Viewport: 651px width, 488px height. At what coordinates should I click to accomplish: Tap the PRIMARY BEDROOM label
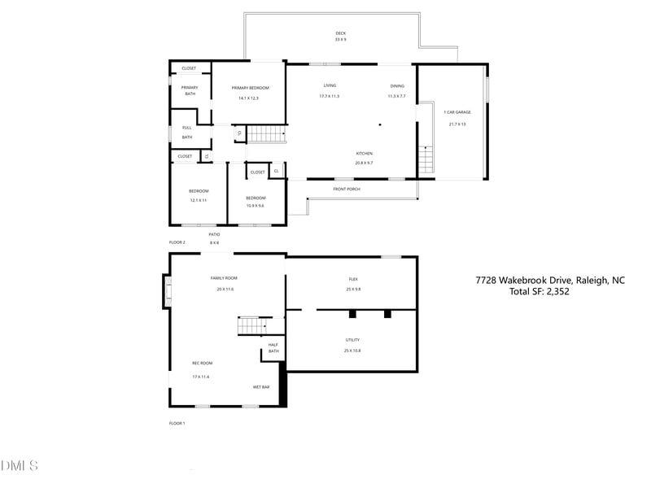coord(250,88)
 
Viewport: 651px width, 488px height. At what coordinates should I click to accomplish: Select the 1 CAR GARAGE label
coord(456,112)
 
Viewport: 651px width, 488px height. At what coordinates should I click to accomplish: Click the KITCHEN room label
coord(364,154)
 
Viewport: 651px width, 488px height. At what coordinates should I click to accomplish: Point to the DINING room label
coord(396,85)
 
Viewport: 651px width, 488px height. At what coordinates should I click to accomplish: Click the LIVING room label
coord(330,85)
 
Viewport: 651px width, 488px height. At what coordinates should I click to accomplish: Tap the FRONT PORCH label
coord(346,189)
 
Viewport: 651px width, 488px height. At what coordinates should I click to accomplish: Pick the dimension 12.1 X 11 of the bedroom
coord(199,200)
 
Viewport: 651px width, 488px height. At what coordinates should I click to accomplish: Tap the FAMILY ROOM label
coord(225,278)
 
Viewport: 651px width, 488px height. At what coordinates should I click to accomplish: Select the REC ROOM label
coord(201,363)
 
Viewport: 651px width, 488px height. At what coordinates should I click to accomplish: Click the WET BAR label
coord(260,387)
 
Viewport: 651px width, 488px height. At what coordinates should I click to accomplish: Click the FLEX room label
coord(352,279)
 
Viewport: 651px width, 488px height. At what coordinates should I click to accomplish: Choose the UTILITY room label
coord(352,340)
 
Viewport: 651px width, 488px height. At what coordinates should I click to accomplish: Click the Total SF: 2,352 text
coord(539,291)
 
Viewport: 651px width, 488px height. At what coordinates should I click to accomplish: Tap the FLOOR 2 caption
coord(177,242)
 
